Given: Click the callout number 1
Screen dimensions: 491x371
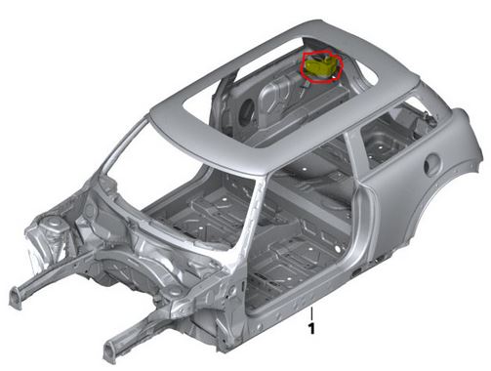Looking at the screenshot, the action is (x=311, y=328).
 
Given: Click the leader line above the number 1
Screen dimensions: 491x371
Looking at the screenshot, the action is (x=311, y=313).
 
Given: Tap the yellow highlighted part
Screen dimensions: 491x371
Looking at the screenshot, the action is (x=319, y=67).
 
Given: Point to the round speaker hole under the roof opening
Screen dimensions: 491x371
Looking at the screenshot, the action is (x=246, y=110).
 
